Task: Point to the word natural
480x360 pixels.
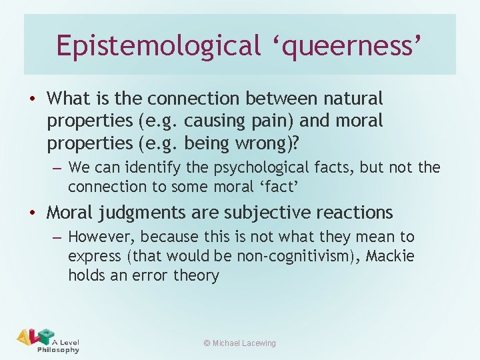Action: pyautogui.click(x=353, y=99)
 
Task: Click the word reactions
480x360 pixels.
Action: pyautogui.click(x=351, y=213)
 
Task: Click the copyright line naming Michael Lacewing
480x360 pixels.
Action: pyautogui.click(x=239, y=343)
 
